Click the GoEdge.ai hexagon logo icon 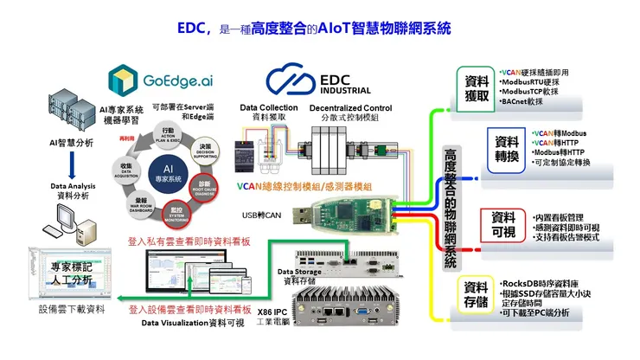click(124, 80)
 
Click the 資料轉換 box click(504, 146)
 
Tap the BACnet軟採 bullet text click(523, 102)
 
